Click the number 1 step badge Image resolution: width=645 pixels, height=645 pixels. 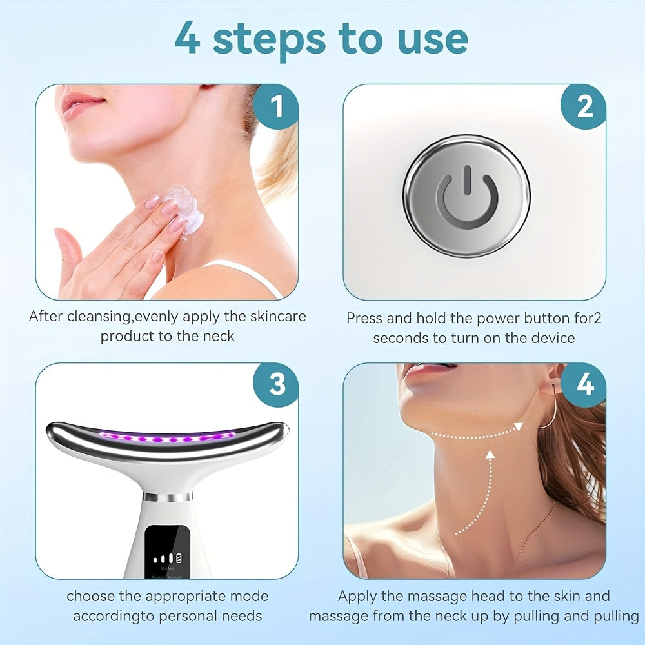point(276,107)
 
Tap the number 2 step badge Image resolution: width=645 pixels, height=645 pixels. point(584,107)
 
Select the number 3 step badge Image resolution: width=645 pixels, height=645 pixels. point(276,385)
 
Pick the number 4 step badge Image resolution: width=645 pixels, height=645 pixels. point(584,385)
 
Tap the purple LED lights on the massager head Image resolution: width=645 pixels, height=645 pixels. point(168,439)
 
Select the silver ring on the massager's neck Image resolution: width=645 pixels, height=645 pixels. point(167,497)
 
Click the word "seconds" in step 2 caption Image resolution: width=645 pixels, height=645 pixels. point(403,338)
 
